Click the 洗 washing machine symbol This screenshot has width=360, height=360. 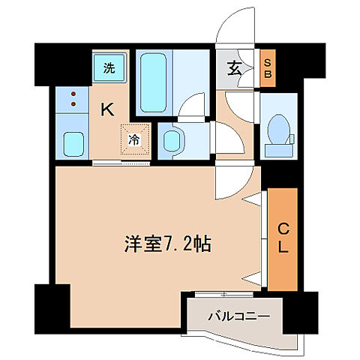point(108,68)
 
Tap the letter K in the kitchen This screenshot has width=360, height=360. point(107,109)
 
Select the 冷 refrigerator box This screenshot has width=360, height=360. point(133,138)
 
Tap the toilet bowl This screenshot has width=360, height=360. point(279,128)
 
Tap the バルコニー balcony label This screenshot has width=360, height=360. point(238,316)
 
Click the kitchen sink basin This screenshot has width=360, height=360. point(73,142)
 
